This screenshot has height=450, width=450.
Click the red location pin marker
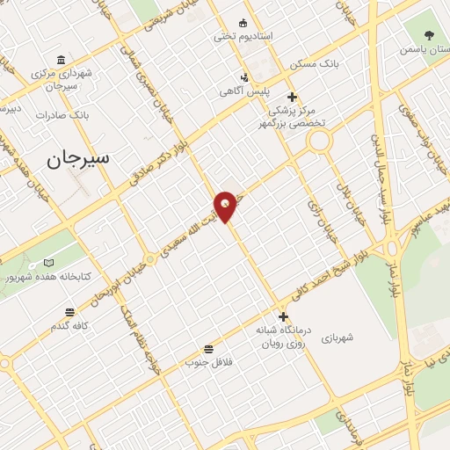(226, 206)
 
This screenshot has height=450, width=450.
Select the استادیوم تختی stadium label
(243, 37)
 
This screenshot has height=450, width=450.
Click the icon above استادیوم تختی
(243, 23)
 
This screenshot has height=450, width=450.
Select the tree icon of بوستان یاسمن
(428, 35)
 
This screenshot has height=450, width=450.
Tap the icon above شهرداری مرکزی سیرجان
(61, 60)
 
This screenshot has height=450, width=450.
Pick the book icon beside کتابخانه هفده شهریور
(48, 263)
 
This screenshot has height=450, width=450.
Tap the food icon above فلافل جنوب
(208, 348)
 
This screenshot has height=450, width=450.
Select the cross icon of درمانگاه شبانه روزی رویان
(283, 316)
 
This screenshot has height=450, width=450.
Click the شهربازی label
(337, 337)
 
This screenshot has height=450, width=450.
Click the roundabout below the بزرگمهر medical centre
(318, 140)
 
